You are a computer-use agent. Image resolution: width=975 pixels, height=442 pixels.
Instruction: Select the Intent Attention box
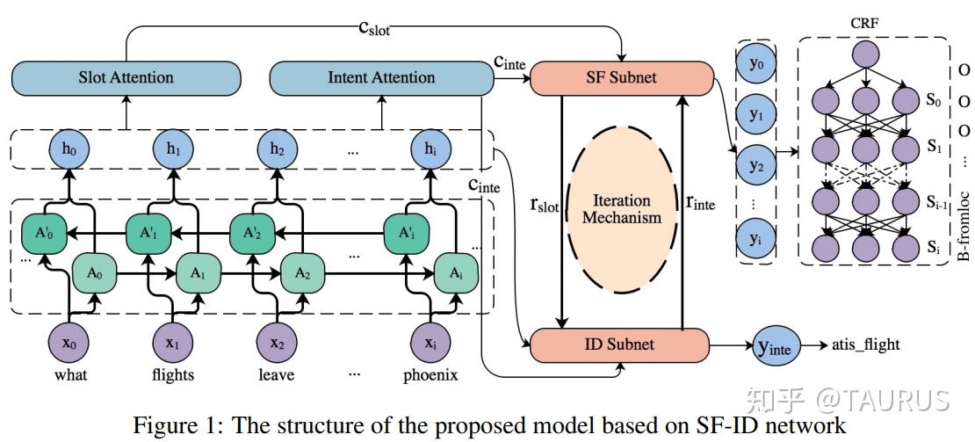click(x=380, y=77)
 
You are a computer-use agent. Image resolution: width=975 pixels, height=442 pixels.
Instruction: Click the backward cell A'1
click(x=147, y=235)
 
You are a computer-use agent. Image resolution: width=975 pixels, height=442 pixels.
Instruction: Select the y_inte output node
click(x=774, y=344)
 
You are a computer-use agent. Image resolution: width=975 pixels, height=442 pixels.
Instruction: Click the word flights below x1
click(x=173, y=376)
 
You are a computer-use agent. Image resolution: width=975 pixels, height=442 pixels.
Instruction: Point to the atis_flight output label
click(x=865, y=344)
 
